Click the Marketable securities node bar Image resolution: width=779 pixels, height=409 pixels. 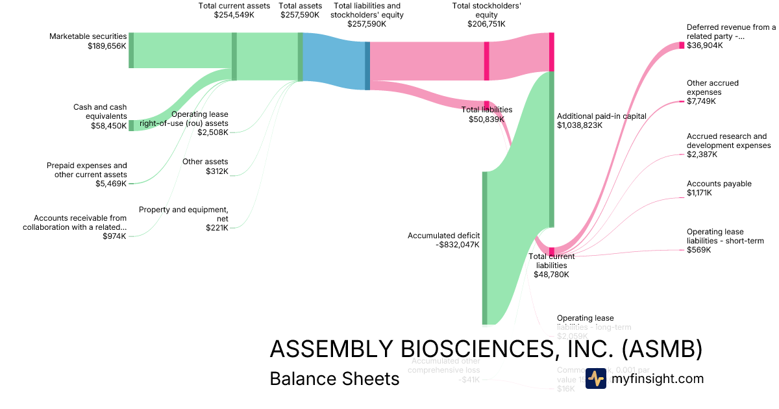pos(131,50)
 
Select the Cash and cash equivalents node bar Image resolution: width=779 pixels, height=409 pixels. pos(131,125)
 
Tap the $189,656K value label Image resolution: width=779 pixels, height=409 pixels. pos(107,46)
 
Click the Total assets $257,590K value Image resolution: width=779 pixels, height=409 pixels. pos(300,14)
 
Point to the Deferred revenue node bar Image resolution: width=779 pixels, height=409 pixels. pos(682,45)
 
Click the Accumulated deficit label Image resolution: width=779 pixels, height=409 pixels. pos(443,236)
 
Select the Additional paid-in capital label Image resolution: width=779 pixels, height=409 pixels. pos(602,116)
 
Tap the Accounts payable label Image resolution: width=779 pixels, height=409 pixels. pos(719,184)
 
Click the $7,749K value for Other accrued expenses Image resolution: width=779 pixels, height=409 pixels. pos(701,101)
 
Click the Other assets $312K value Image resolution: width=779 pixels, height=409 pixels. pos(217,171)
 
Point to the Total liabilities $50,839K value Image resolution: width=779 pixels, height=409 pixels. pos(486,119)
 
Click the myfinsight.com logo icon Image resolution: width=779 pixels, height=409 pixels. pos(595,378)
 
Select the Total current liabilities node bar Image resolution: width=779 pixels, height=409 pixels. pos(551,251)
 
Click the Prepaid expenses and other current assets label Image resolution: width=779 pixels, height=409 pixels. pos(87,170)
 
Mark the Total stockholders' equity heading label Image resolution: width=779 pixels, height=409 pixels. pos(486,10)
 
